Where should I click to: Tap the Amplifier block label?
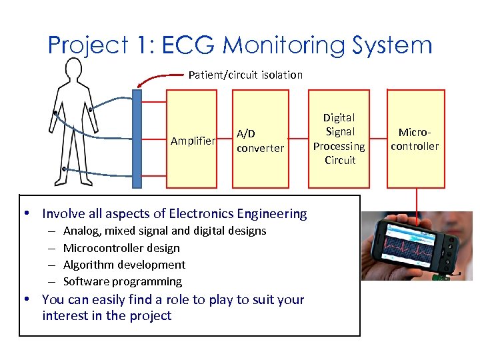193,141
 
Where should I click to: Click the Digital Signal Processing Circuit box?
339,139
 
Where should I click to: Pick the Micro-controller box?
415,139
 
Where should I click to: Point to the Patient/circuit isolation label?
245,75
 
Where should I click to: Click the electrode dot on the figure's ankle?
63,169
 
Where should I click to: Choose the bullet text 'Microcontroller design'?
121,248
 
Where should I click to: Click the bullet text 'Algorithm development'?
124,265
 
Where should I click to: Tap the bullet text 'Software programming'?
122,281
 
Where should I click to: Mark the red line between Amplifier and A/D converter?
225,139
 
